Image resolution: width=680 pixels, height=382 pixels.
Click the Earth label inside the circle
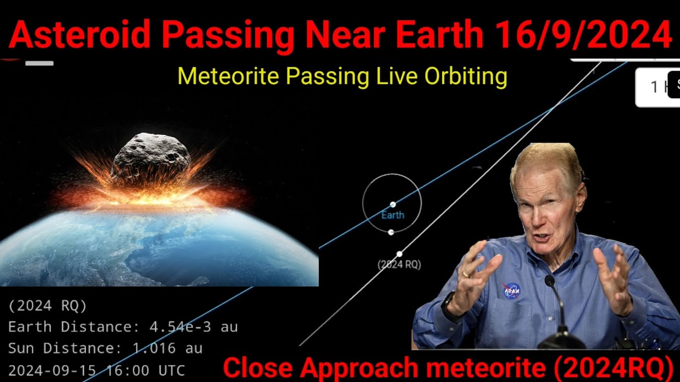tap(393, 215)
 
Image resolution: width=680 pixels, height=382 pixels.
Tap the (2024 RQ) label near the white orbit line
tap(399, 264)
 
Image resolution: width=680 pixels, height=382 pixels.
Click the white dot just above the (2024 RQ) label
tap(399, 254)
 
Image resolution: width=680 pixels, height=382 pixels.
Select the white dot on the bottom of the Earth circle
tap(391, 232)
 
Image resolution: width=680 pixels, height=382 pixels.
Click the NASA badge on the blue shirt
tap(511, 290)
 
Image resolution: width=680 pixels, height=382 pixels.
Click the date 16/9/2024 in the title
tap(582, 36)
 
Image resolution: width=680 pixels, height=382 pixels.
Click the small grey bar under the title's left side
tap(39, 64)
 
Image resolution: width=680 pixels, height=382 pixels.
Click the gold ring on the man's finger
tap(465, 274)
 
